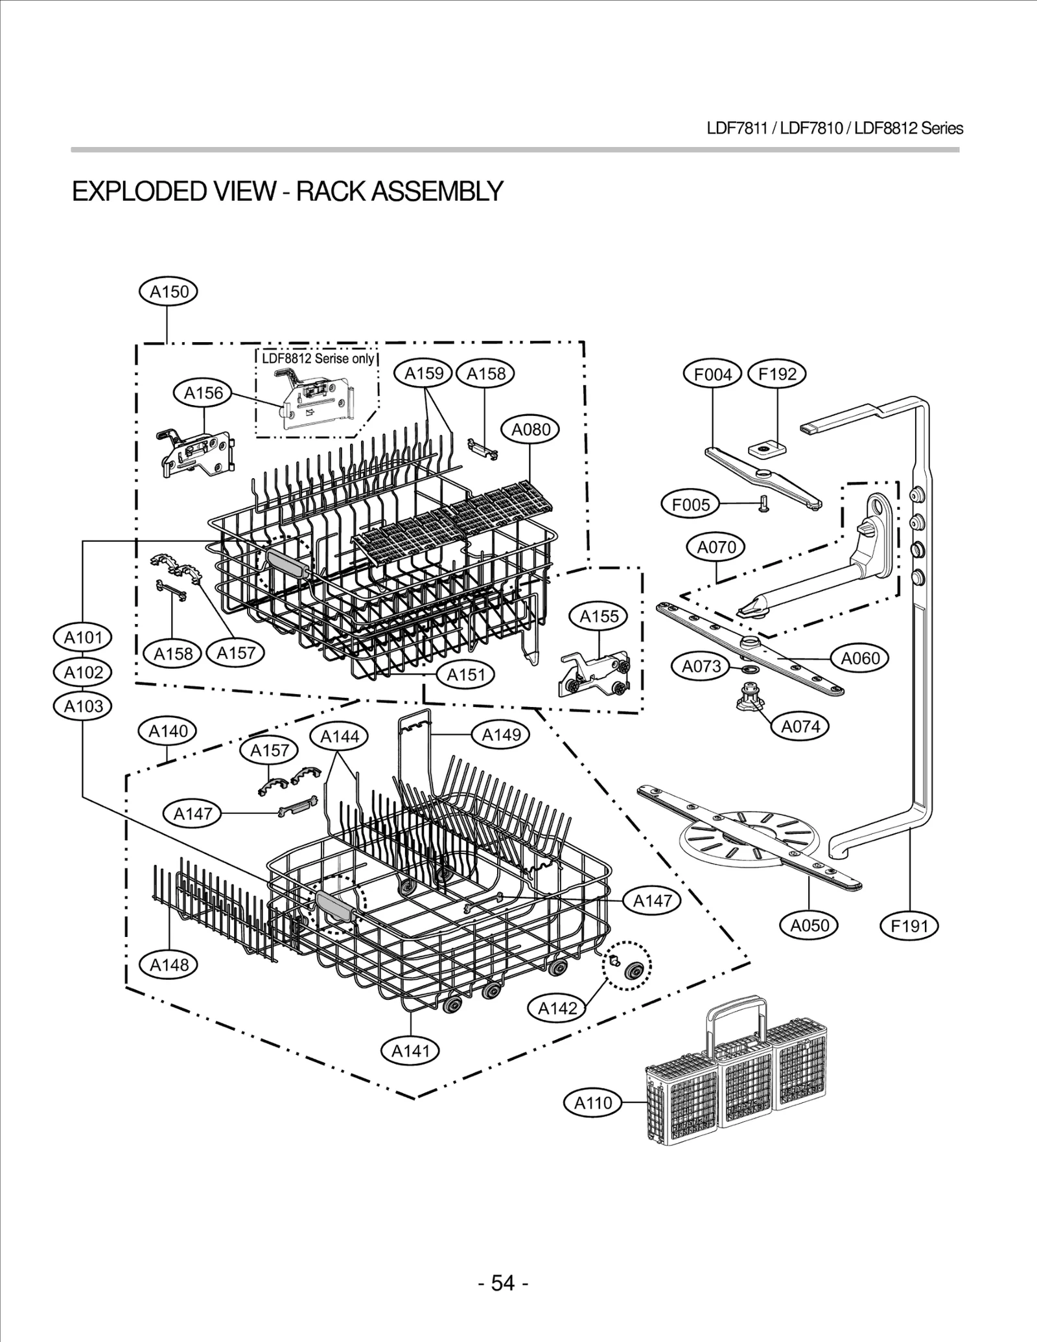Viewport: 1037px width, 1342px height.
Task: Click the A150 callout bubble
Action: click(169, 292)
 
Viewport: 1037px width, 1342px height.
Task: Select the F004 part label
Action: click(713, 374)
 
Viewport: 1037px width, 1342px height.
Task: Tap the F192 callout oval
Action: click(776, 374)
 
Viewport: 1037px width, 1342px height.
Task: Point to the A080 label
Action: click(531, 430)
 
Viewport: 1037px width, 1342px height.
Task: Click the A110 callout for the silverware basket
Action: click(593, 1102)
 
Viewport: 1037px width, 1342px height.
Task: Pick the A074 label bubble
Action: click(800, 726)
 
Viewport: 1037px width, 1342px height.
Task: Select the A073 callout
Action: click(701, 666)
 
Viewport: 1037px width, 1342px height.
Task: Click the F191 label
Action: click(909, 926)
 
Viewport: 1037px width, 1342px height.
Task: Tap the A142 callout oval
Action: click(557, 1008)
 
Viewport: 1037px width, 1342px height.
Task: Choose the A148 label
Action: click(169, 965)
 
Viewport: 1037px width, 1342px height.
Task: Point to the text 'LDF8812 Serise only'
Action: click(318, 358)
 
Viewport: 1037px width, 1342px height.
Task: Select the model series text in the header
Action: click(835, 128)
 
